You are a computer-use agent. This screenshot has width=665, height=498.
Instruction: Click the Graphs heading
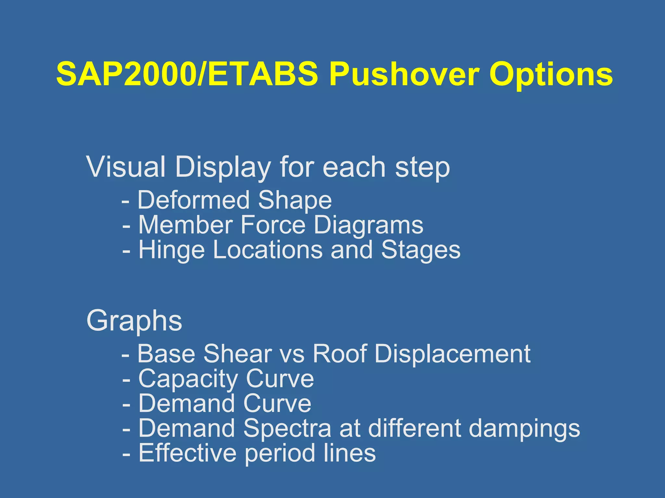(134, 321)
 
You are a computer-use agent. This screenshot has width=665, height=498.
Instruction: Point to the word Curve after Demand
(277, 404)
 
